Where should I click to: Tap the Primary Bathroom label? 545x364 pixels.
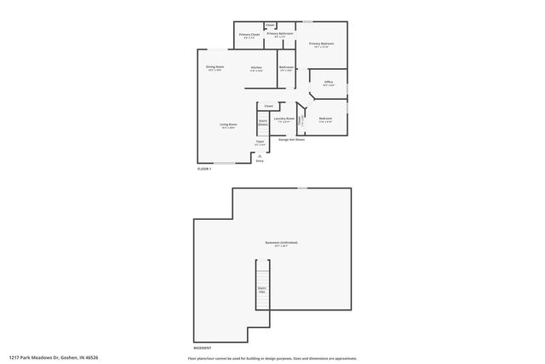click(279, 35)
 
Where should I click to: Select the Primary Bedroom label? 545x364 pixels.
click(320, 44)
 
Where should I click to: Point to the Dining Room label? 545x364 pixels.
click(214, 68)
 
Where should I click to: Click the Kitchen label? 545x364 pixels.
click(256, 68)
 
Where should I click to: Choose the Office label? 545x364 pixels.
click(328, 84)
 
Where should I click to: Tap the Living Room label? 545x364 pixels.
click(228, 126)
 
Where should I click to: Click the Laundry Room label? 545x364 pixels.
click(284, 119)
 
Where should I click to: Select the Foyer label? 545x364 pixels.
click(260, 143)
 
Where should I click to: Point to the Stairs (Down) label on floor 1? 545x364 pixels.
click(263, 123)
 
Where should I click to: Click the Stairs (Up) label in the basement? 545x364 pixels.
click(262, 291)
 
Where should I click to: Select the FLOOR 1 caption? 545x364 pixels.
click(205, 170)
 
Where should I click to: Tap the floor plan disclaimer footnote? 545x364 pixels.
click(272, 358)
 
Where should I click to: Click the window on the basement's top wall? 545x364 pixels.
click(302, 188)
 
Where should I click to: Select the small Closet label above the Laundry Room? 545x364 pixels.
click(269, 106)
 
